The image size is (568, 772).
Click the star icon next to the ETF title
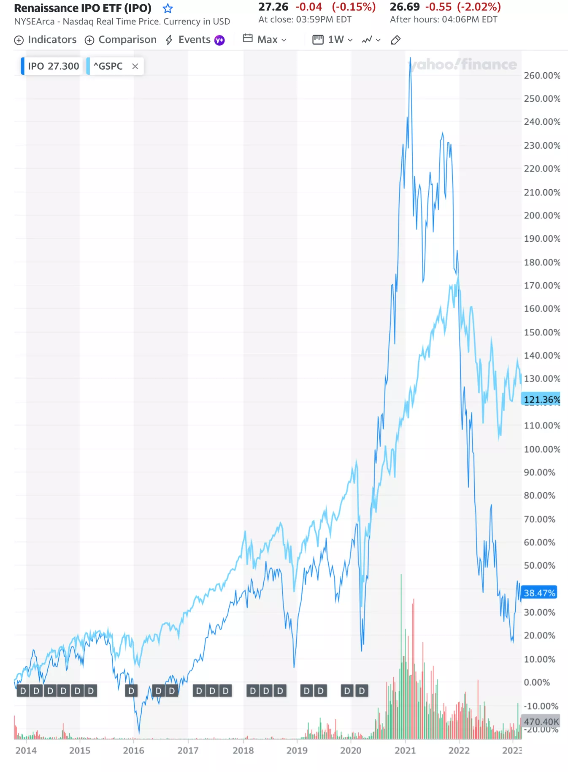168,8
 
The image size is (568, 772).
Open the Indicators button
46,40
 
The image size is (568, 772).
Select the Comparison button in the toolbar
121,40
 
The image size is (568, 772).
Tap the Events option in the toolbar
194,40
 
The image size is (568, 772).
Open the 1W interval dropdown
333,40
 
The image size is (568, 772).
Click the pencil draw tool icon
395,40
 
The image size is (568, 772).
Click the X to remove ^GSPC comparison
135,66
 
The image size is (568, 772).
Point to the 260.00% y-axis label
542,76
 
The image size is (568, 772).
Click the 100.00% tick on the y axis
542,449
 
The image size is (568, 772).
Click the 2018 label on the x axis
243,750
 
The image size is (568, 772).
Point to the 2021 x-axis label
405,750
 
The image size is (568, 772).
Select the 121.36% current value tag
541,399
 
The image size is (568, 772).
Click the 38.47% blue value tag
539,593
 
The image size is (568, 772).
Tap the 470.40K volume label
541,721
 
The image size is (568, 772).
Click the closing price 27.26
273,7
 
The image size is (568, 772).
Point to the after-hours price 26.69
404,7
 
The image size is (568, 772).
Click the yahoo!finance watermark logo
463,65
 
